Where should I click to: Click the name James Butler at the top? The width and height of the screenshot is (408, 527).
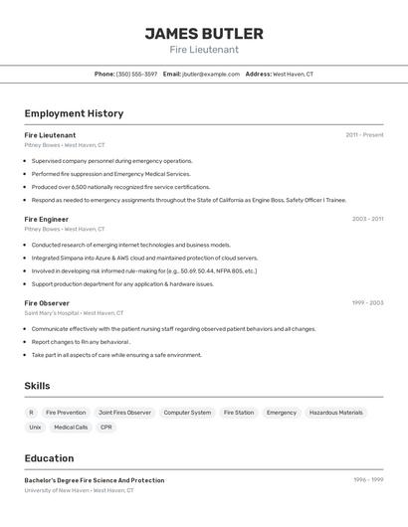[204, 33]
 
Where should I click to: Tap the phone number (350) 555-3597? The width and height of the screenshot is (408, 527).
[136, 74]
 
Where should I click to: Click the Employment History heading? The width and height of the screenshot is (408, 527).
[74, 113]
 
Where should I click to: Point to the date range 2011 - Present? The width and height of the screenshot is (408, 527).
[364, 134]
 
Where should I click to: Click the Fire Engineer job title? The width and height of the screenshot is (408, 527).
[46, 219]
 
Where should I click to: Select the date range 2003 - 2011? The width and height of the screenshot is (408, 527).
[367, 219]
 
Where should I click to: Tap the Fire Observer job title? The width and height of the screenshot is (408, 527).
[47, 302]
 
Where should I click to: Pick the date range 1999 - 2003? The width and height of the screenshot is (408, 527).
[367, 302]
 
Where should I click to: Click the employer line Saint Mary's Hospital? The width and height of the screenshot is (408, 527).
[74, 312]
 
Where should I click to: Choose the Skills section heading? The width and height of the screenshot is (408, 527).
[37, 386]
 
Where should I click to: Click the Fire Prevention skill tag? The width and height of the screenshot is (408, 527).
[66, 412]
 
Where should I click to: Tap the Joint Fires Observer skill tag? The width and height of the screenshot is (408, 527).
[124, 412]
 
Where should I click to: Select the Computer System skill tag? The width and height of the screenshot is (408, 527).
[187, 412]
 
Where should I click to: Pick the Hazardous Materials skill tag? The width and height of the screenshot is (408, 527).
[335, 412]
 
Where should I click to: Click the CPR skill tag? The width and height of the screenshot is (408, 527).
[106, 427]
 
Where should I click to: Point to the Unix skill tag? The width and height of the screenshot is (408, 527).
[35, 427]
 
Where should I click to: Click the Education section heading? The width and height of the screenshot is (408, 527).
[49, 458]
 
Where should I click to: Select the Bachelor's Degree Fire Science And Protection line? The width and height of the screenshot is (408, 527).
[95, 480]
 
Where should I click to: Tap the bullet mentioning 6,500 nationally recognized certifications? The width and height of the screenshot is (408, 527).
[120, 186]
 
